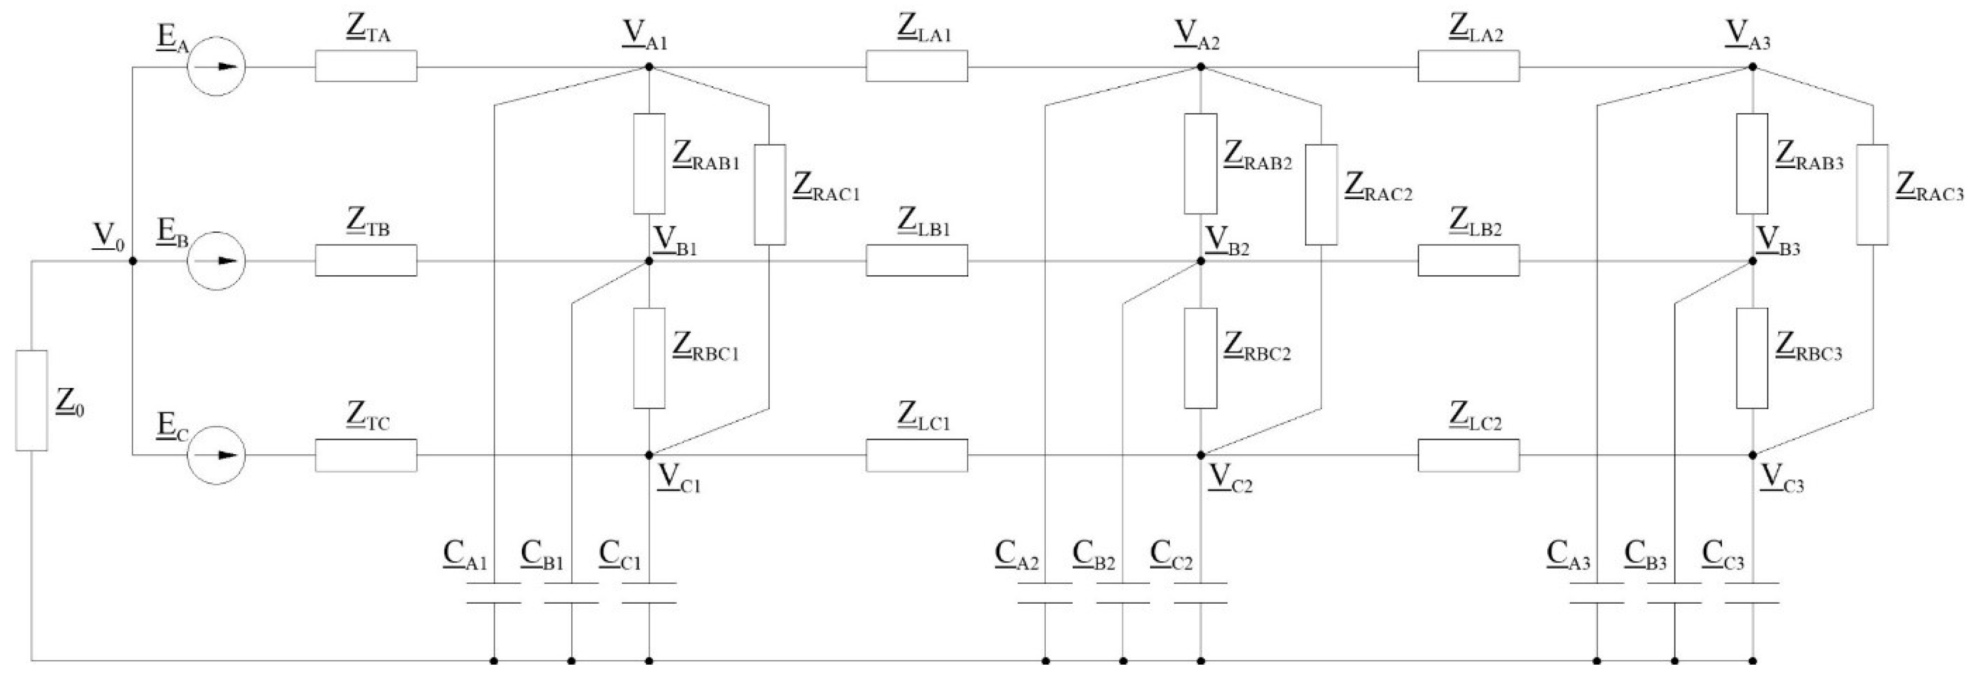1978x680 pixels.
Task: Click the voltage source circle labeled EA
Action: click(x=217, y=66)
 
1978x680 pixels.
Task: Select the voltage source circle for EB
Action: click(x=217, y=260)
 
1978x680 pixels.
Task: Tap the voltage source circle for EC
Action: click(x=217, y=455)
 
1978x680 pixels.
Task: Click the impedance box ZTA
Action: click(x=365, y=66)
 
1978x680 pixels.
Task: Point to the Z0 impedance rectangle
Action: click(x=31, y=400)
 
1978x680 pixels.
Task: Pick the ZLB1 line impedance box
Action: click(x=917, y=260)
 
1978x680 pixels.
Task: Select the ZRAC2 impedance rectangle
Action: click(x=1321, y=194)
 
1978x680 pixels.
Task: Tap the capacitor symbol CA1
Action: click(x=494, y=593)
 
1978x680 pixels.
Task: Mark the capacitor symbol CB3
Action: click(x=1674, y=593)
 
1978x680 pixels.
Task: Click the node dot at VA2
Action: click(x=1201, y=67)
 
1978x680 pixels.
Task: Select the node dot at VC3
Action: click(x=1752, y=455)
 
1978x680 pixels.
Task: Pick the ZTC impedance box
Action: click(x=365, y=455)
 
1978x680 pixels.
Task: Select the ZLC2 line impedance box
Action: click(x=1468, y=455)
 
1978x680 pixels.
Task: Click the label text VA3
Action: click(x=1748, y=35)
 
